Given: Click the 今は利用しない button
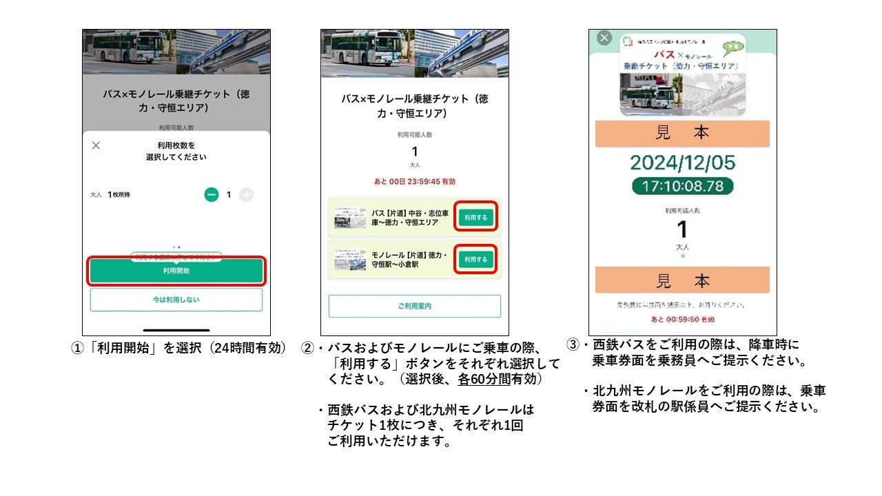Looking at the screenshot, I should [176, 300].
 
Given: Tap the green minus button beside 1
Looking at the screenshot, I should [212, 195].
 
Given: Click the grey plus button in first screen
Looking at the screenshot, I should [246, 195].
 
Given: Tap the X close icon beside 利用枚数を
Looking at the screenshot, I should [96, 145].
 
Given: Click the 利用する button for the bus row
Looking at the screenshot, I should [475, 217].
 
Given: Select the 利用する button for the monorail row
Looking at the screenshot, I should [475, 259].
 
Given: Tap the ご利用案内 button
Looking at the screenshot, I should [414, 306].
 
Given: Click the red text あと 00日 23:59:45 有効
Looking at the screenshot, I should [414, 182].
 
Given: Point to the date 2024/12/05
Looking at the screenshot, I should [682, 163].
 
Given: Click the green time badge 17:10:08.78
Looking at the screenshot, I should [682, 186].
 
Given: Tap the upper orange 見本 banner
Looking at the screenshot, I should [682, 134].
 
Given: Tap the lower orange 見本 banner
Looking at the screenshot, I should [682, 281].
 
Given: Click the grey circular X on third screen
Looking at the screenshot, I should [604, 38].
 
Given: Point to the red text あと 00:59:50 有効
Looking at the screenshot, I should [682, 320].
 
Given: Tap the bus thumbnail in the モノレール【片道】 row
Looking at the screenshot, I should [351, 260].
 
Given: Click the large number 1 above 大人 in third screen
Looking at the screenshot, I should [682, 229].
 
